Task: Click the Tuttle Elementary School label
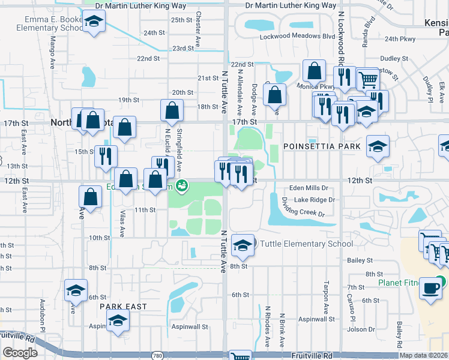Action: pyautogui.click(x=306, y=244)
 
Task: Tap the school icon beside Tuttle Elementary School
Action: pyautogui.click(x=243, y=245)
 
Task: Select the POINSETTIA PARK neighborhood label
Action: pyautogui.click(x=322, y=146)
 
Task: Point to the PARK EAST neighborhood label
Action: pyautogui.click(x=123, y=307)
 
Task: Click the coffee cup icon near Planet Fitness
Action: pyautogui.click(x=430, y=287)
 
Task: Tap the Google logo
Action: pyautogui.click(x=20, y=353)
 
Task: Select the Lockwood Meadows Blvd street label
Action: pyautogui.click(x=297, y=37)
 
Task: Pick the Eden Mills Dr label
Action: pyautogui.click(x=308, y=188)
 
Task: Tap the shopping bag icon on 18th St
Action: pyautogui.click(x=172, y=110)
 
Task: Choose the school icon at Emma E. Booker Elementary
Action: pyautogui.click(x=93, y=23)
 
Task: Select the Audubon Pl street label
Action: pyautogui.click(x=43, y=315)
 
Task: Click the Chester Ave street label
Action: pyautogui.click(x=197, y=29)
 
